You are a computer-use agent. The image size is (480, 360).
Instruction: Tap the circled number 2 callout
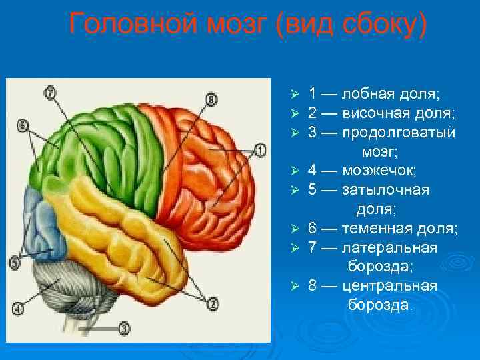coord(213,305)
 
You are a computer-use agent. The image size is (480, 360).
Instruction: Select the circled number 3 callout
coord(125,327)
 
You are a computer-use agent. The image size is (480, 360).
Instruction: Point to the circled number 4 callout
coord(17,308)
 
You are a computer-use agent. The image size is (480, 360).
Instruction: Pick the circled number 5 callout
coord(15,262)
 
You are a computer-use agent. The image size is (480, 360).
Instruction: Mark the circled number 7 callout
coord(50,93)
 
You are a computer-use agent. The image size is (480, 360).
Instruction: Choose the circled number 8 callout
coord(211,100)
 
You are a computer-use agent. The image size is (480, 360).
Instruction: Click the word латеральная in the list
coord(389,248)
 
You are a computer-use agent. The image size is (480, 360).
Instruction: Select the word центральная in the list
coord(389,286)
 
